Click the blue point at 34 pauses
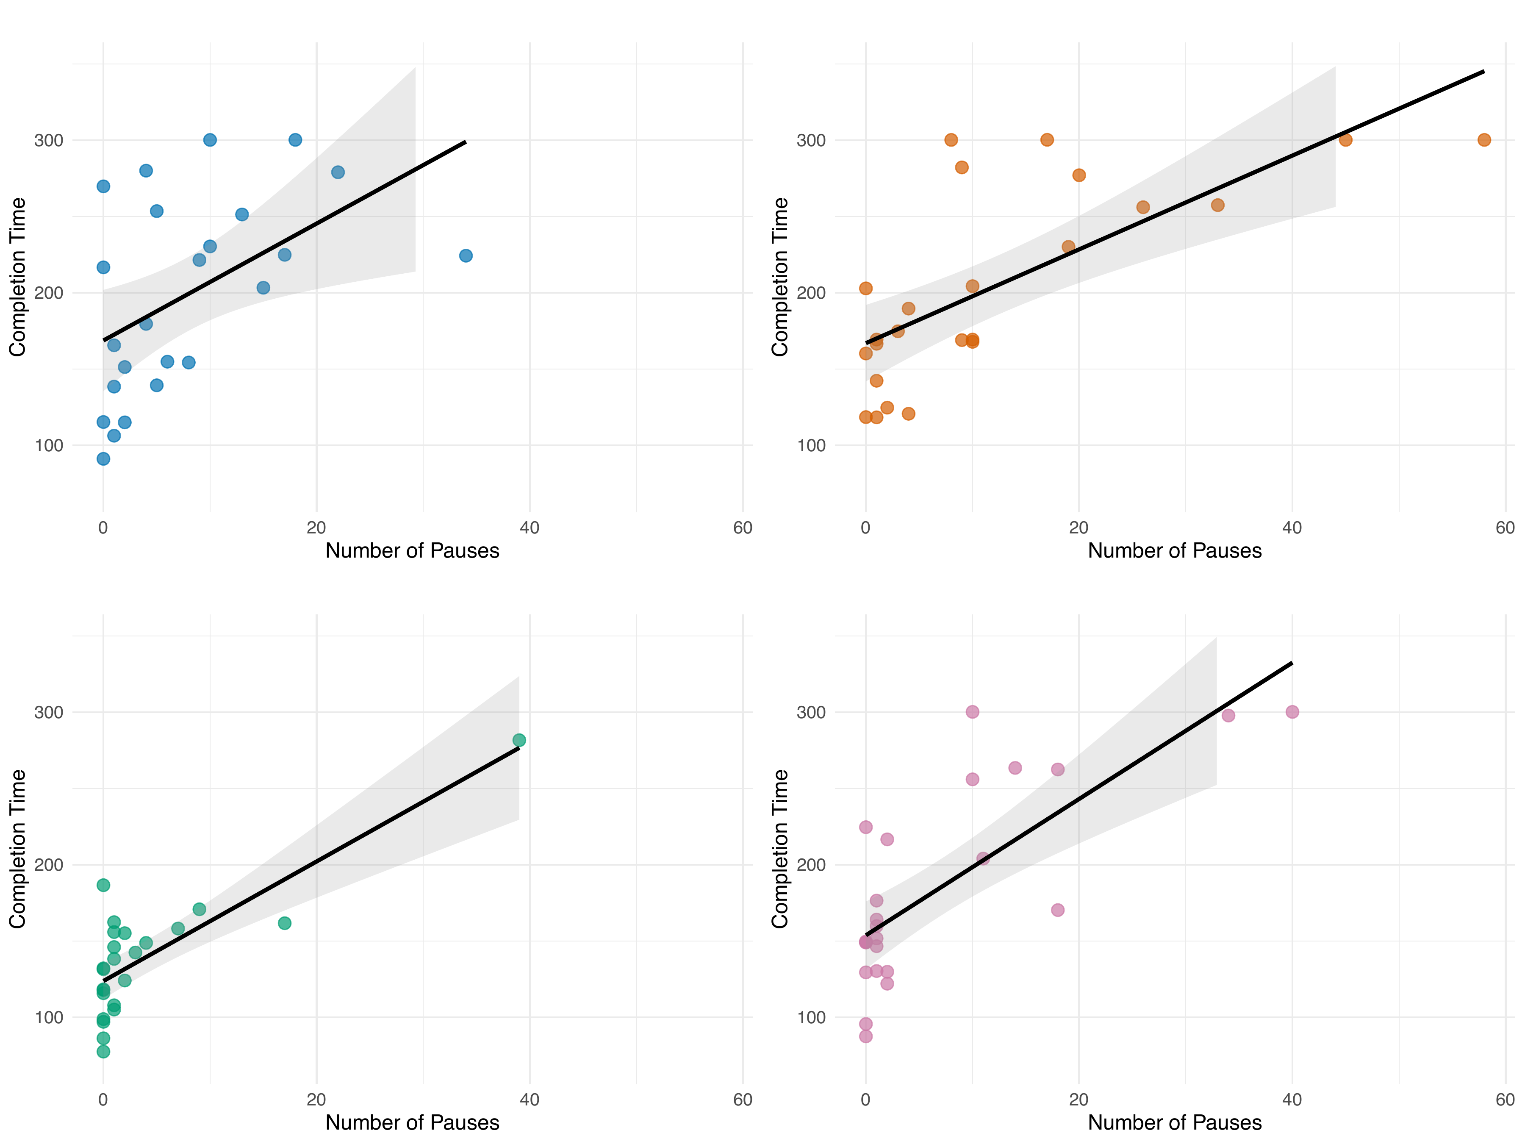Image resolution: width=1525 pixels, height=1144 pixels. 466,256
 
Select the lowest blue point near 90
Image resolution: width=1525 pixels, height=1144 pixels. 103,458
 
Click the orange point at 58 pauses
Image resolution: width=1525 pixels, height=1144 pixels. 1484,140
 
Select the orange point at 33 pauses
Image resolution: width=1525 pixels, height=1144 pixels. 1217,205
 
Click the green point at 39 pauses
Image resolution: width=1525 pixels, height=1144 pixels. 519,740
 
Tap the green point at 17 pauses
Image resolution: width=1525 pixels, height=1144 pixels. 285,923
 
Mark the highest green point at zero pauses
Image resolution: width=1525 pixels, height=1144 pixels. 103,885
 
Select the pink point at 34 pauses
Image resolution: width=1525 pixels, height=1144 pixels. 1228,716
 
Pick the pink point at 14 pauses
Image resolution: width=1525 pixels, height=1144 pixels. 1015,767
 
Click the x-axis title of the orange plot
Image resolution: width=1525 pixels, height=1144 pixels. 1175,550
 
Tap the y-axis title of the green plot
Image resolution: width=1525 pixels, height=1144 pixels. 17,848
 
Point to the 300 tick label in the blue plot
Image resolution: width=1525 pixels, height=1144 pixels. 48,140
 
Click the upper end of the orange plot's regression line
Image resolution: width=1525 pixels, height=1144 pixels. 1483,71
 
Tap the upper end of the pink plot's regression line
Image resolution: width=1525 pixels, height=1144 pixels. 1292,663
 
